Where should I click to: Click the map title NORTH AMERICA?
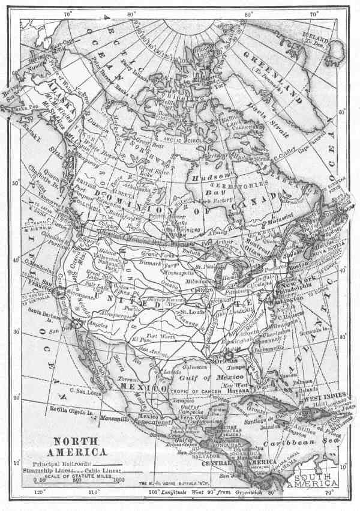79,446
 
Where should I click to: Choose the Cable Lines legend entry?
107,470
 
